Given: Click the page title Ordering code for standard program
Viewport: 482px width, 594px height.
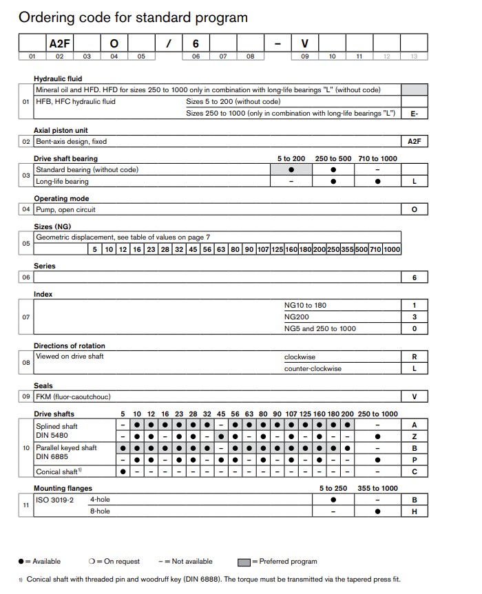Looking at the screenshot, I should pyautogui.click(x=133, y=17).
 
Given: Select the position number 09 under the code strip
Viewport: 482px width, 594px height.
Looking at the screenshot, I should pyautogui.click(x=304, y=57).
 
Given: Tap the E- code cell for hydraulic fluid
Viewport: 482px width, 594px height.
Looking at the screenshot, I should pyautogui.click(x=414, y=114).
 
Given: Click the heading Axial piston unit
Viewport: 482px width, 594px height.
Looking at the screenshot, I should pyautogui.click(x=61, y=130).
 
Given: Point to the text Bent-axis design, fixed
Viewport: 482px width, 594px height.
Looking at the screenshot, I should pyautogui.click(x=71, y=141).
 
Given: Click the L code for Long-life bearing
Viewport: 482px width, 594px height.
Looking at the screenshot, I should pyautogui.click(x=414, y=182).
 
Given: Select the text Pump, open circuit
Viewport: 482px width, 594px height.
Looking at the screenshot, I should pyautogui.click(x=65, y=209).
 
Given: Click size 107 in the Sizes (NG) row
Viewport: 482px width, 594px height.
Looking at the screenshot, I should pyautogui.click(x=262, y=249).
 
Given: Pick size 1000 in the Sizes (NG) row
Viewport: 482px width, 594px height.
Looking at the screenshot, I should pyautogui.click(x=392, y=249).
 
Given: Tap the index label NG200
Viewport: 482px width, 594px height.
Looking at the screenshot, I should pyautogui.click(x=296, y=317).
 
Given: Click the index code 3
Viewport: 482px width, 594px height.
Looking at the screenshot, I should pyautogui.click(x=414, y=317).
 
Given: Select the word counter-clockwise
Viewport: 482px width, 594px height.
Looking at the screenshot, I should pyautogui.click(x=313, y=368).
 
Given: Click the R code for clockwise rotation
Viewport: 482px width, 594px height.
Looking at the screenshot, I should pyautogui.click(x=414, y=357).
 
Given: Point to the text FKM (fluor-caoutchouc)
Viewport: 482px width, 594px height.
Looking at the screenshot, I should pyautogui.click(x=73, y=396).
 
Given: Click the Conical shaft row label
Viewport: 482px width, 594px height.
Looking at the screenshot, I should pyautogui.click(x=57, y=472).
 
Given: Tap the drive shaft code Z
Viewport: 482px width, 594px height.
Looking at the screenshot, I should pyautogui.click(x=414, y=436).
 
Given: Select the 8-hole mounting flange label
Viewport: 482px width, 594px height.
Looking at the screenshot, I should pyautogui.click(x=100, y=511).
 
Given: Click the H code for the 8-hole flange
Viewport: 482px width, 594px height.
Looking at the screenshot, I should pyautogui.click(x=414, y=511).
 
